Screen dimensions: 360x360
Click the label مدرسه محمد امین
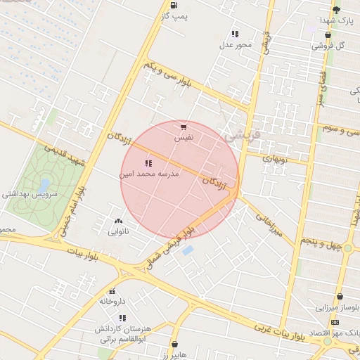click(150, 172)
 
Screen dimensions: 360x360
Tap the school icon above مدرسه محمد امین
click(148, 163)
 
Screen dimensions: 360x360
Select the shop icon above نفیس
click(184, 127)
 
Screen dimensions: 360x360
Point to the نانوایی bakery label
click(118, 231)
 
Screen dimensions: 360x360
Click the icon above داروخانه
click(112, 291)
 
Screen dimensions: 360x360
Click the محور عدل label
click(235, 45)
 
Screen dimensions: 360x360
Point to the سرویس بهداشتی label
click(29, 195)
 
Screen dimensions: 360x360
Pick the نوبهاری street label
click(276, 159)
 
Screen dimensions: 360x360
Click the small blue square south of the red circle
click(187, 250)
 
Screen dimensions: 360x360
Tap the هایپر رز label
click(173, 355)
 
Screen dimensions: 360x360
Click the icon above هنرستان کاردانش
click(123, 318)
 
